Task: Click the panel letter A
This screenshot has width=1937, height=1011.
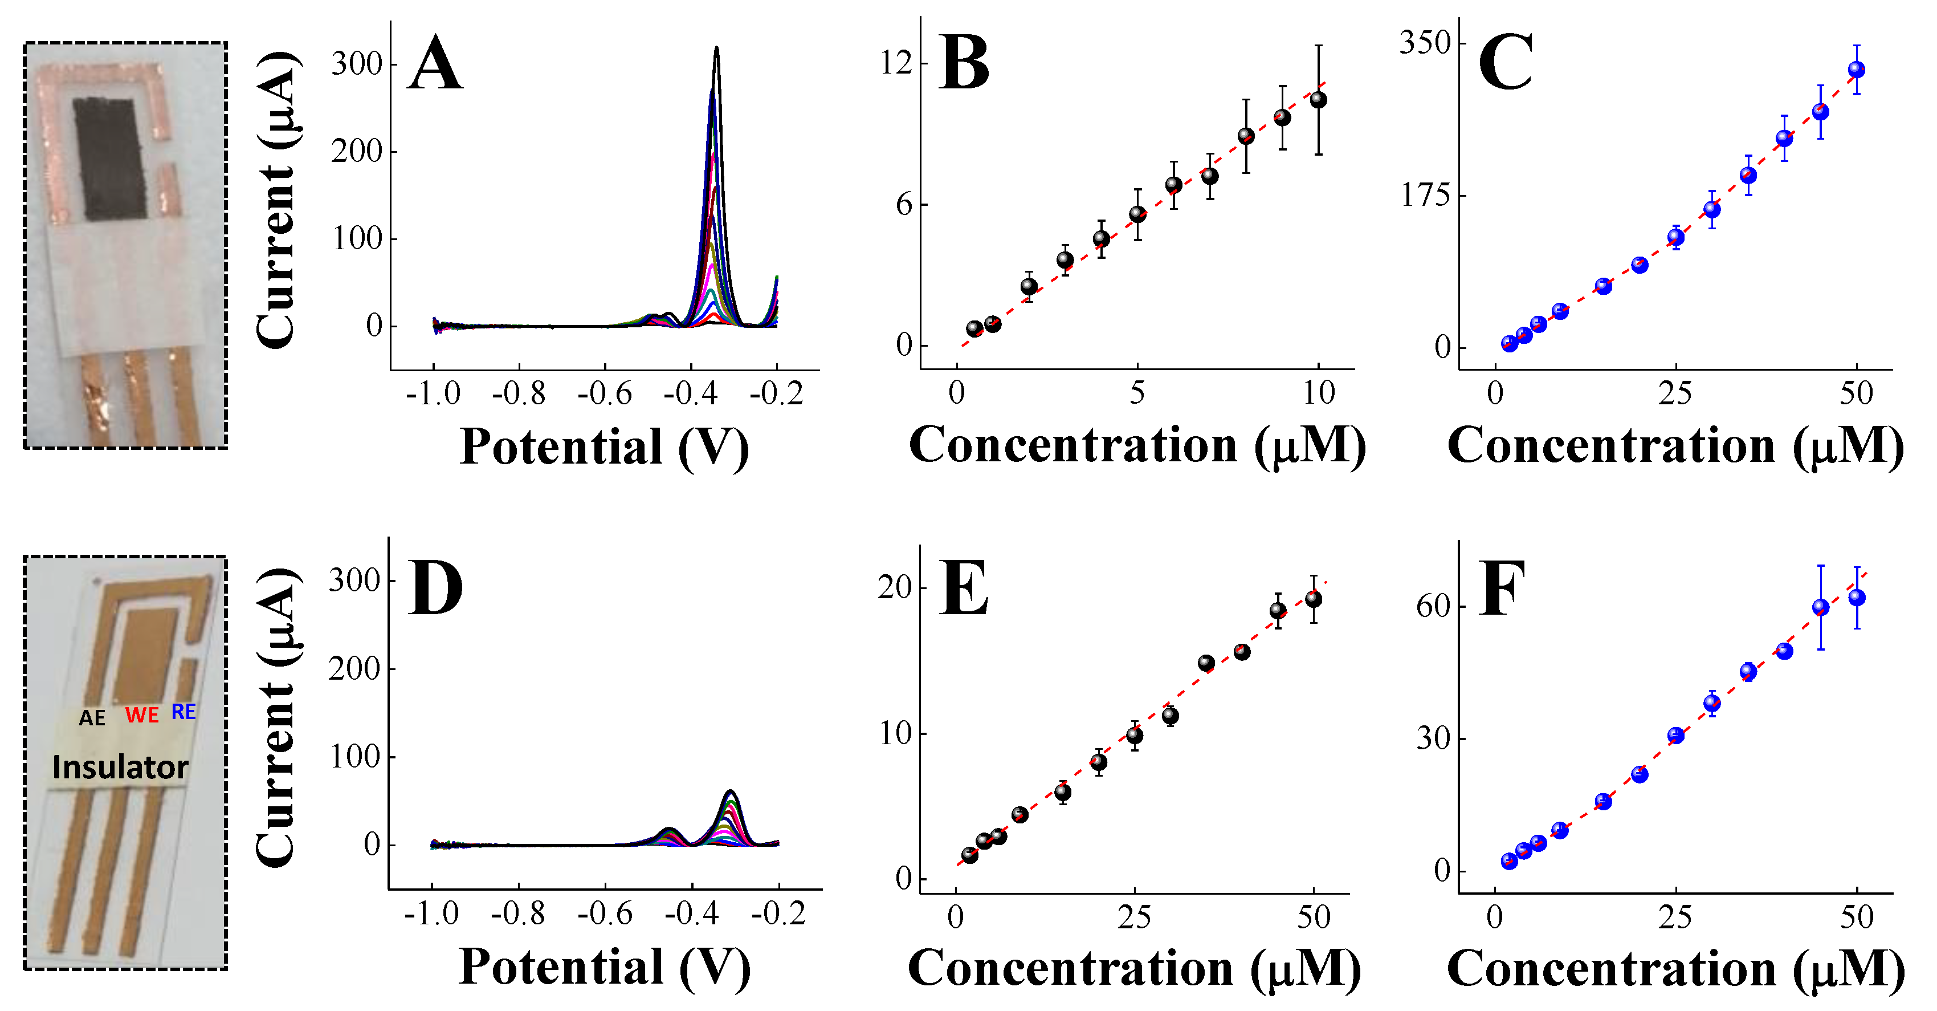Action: tap(435, 66)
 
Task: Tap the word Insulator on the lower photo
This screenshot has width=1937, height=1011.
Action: tap(120, 768)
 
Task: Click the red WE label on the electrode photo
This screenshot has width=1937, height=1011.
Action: tap(141, 714)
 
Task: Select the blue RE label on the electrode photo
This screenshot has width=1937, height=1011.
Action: tap(183, 712)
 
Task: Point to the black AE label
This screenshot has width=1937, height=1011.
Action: tap(92, 718)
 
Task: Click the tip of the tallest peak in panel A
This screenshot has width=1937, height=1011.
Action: tap(716, 48)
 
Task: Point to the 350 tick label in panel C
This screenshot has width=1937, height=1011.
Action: tap(1424, 43)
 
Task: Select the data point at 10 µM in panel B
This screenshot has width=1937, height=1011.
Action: tap(1318, 99)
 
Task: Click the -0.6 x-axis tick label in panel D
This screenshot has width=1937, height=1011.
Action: tap(605, 915)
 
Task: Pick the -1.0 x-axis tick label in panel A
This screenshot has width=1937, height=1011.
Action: tap(433, 394)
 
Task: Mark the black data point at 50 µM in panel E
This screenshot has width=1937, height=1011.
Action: tap(1314, 599)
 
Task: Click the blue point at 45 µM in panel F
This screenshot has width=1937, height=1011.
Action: tap(1820, 607)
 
